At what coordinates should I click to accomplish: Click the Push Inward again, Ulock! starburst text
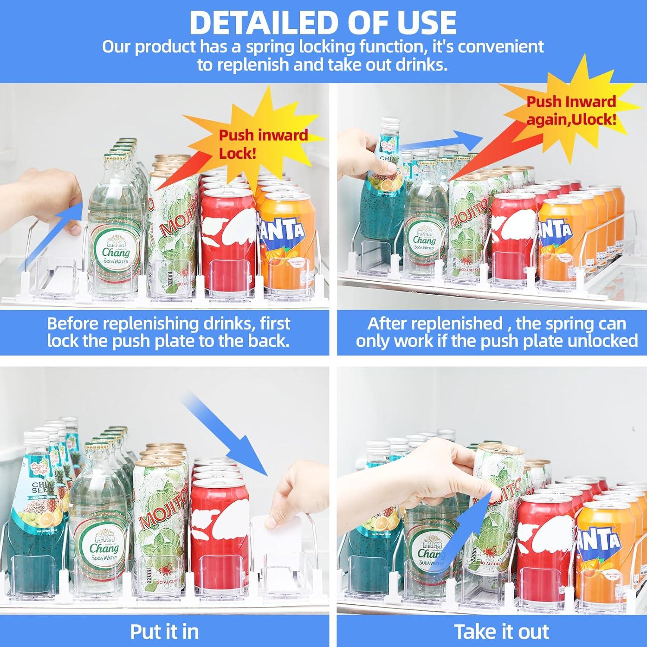coord(571,110)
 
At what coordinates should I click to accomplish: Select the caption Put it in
coord(164,631)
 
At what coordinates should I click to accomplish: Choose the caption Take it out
coord(502,631)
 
